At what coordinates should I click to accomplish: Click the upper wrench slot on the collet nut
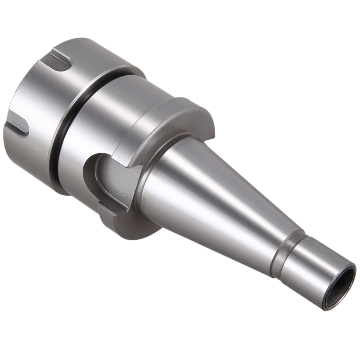tap(61, 60)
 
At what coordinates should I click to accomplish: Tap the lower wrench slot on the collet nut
tap(18, 124)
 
